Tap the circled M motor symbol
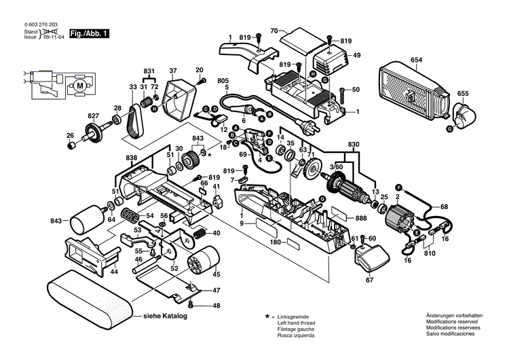(80, 86)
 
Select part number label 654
(415, 61)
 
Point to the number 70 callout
(274, 31)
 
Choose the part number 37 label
(173, 71)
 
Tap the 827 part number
(93, 116)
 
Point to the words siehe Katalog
(165, 316)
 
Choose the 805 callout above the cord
(223, 81)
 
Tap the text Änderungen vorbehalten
(454, 317)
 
